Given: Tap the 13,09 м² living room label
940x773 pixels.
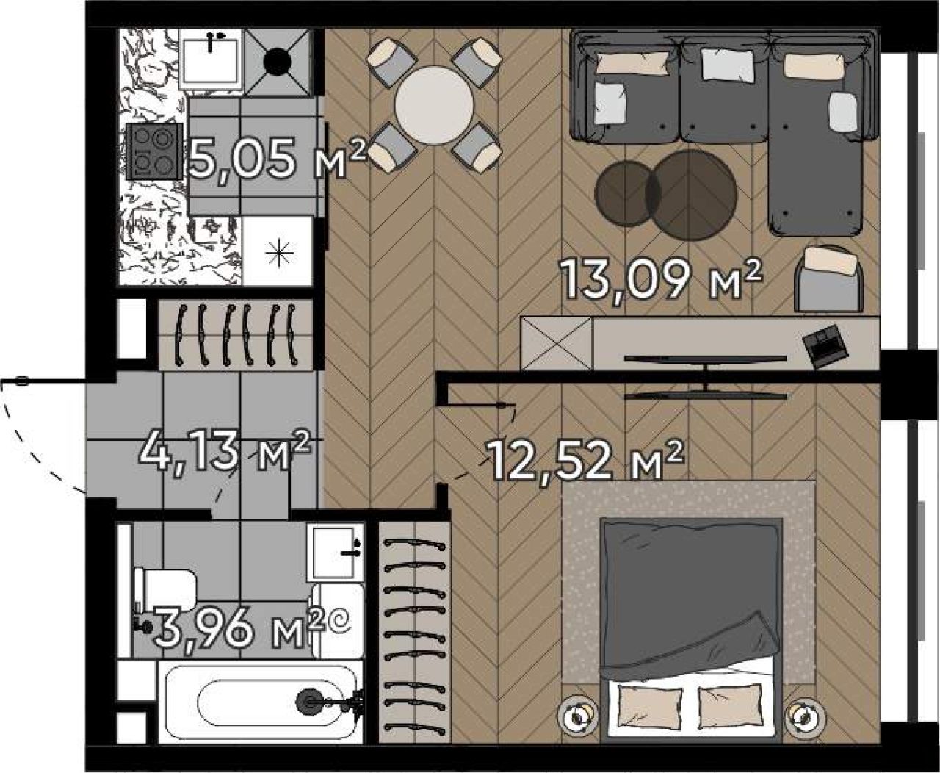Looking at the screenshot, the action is click(x=660, y=280).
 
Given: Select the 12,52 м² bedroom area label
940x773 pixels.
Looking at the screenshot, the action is click(x=586, y=460).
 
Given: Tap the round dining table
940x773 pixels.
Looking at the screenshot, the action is click(x=434, y=105).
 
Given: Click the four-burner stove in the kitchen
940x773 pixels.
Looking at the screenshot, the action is click(x=154, y=151).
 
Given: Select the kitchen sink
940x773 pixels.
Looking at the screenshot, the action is click(x=210, y=61).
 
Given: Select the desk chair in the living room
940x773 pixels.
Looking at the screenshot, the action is click(x=829, y=278).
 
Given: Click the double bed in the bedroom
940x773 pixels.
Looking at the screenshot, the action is click(x=691, y=630).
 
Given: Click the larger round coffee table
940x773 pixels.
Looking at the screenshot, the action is click(x=691, y=195).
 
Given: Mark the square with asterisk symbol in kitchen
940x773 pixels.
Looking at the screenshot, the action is click(x=278, y=251).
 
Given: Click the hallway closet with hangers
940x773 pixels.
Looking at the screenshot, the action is click(x=236, y=334).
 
